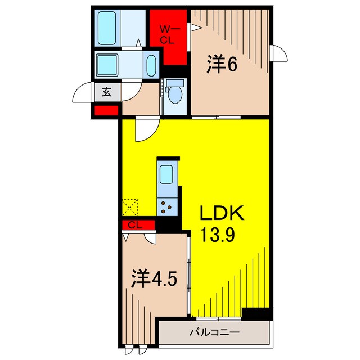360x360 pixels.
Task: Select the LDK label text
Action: [222, 214]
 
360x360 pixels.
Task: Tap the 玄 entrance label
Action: [106, 92]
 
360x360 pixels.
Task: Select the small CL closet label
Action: [133, 225]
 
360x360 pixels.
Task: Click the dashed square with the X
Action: [130, 206]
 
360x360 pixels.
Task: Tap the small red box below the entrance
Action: [107, 111]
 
